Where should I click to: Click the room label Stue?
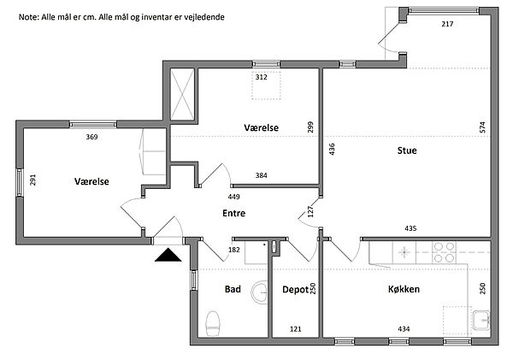(x=406, y=151)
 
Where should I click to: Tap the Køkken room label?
(x=402, y=289)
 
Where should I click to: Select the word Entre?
(x=235, y=214)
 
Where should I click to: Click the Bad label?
(x=233, y=289)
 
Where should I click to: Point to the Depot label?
(x=295, y=289)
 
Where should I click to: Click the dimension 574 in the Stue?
(x=483, y=127)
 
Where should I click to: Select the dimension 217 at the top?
(x=447, y=24)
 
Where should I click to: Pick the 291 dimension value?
(x=32, y=181)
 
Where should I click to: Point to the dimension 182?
(x=233, y=250)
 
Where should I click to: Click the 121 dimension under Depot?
(x=295, y=328)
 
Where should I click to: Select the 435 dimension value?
(x=410, y=228)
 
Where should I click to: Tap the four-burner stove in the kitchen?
(x=444, y=251)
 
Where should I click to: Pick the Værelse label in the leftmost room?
(x=91, y=181)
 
